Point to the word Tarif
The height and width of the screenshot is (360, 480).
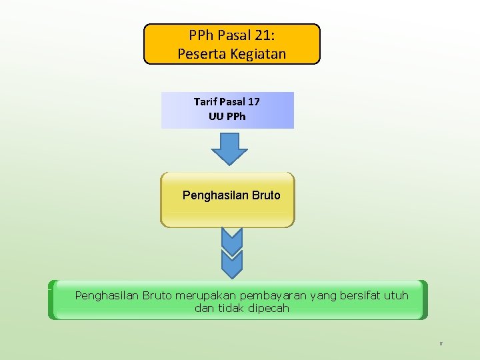click(205, 102)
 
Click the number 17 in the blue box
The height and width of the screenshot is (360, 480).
click(253, 102)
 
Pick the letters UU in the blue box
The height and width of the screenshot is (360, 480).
click(216, 115)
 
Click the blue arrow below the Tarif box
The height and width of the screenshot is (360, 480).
click(229, 149)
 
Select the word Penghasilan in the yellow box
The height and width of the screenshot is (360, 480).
click(215, 195)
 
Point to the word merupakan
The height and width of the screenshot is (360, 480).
click(201, 295)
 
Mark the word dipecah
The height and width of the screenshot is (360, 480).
click(269, 308)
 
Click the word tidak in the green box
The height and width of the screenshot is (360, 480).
click(231, 308)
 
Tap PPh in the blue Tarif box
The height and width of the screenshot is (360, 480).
click(236, 115)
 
